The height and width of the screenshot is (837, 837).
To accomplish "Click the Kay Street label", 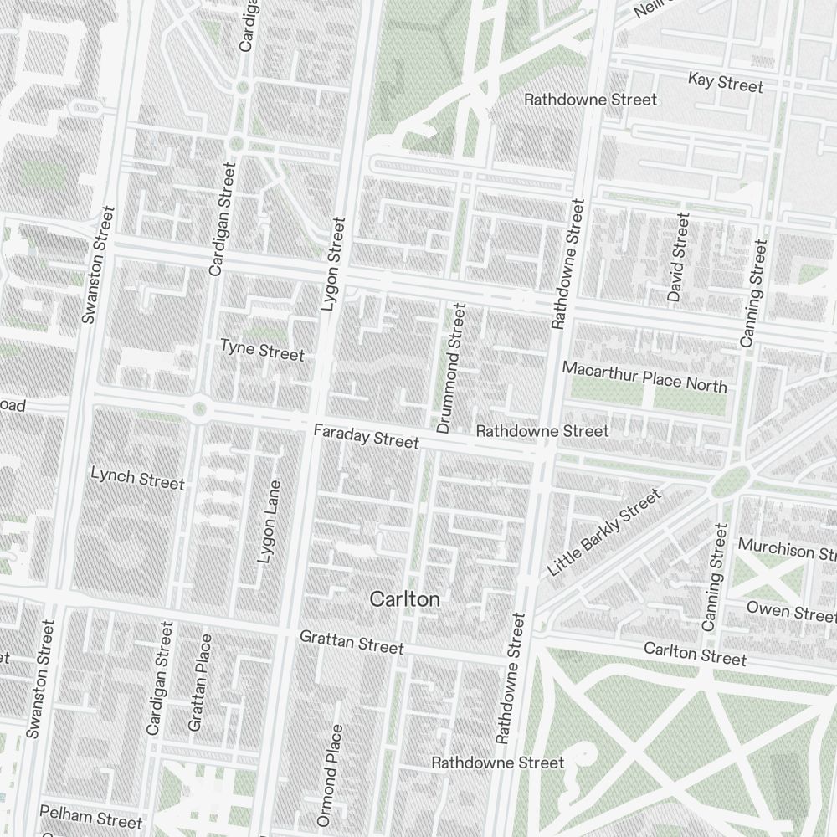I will (x=725, y=83).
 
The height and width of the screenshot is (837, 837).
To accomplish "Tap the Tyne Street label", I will (x=262, y=350).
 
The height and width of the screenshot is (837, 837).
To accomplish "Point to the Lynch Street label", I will (x=137, y=480).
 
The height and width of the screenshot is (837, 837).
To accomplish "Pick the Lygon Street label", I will (x=332, y=264).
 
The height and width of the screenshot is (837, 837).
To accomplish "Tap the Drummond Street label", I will (x=450, y=368).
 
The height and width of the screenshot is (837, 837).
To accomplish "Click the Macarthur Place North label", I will (x=644, y=376).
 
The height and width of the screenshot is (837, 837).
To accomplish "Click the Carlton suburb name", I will (x=404, y=599).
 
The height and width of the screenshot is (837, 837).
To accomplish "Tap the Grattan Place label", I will (x=200, y=682).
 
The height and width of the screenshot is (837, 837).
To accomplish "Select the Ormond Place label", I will (x=330, y=775).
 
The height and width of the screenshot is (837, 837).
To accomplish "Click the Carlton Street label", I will (x=695, y=654).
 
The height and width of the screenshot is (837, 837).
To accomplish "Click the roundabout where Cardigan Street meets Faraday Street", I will (x=199, y=409).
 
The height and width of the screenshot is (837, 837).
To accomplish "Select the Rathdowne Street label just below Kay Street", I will (x=590, y=100).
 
